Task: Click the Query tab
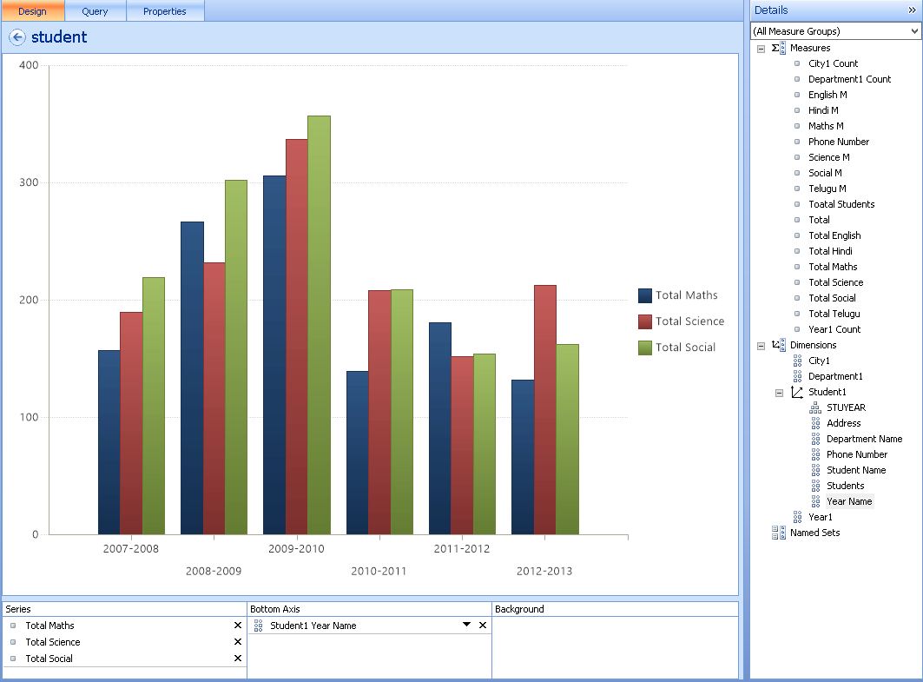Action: click(95, 11)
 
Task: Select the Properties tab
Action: click(165, 11)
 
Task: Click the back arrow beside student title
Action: click(16, 37)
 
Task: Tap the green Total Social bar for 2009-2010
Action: click(319, 325)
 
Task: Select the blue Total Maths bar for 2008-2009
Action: click(192, 378)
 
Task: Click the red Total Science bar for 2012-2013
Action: click(545, 409)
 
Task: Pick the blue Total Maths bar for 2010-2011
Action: click(358, 453)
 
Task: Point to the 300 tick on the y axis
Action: click(30, 182)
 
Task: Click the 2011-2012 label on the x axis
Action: click(462, 549)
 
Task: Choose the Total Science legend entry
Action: click(689, 321)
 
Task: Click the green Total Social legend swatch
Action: click(645, 348)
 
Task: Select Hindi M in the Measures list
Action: click(823, 110)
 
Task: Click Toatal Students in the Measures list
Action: click(841, 204)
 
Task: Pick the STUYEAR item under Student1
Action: click(845, 407)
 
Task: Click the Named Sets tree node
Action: click(814, 533)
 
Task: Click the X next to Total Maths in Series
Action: click(238, 626)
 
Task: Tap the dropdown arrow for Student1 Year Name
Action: click(466, 625)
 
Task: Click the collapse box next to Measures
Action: click(761, 49)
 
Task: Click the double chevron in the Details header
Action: click(913, 10)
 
